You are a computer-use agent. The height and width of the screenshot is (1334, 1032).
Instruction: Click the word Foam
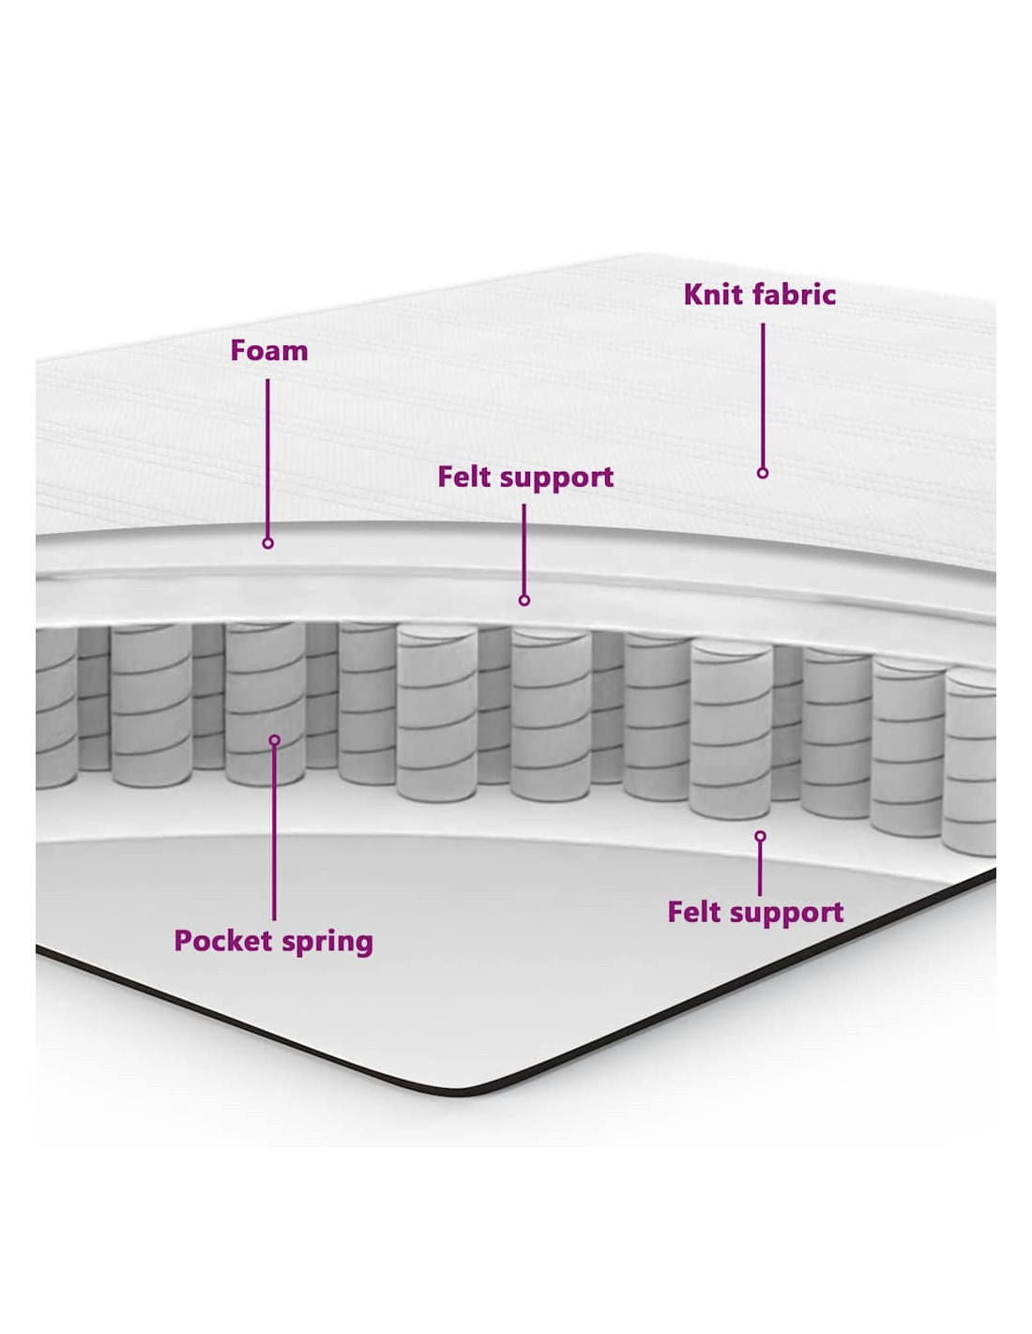click(x=268, y=351)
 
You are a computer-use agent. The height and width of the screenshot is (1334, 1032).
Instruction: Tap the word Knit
click(x=712, y=295)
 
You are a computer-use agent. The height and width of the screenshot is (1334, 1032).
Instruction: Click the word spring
click(x=327, y=942)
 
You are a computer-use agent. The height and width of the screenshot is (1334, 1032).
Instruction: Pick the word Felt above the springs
click(x=463, y=477)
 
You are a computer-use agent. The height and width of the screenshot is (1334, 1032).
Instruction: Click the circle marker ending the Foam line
click(x=268, y=543)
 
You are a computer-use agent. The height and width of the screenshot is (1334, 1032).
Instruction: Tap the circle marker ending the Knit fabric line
click(x=763, y=473)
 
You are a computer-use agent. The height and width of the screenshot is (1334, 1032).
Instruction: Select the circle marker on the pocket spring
click(x=274, y=740)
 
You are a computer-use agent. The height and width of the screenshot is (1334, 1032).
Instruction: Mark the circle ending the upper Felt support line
click(x=524, y=600)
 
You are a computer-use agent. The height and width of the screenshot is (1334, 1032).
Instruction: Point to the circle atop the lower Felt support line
click(x=760, y=836)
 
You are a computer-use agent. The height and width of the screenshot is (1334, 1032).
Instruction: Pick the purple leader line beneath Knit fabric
click(x=763, y=394)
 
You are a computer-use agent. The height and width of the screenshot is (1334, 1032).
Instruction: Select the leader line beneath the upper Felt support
click(x=524, y=549)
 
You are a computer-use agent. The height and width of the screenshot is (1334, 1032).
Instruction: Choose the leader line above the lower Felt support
click(x=760, y=868)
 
